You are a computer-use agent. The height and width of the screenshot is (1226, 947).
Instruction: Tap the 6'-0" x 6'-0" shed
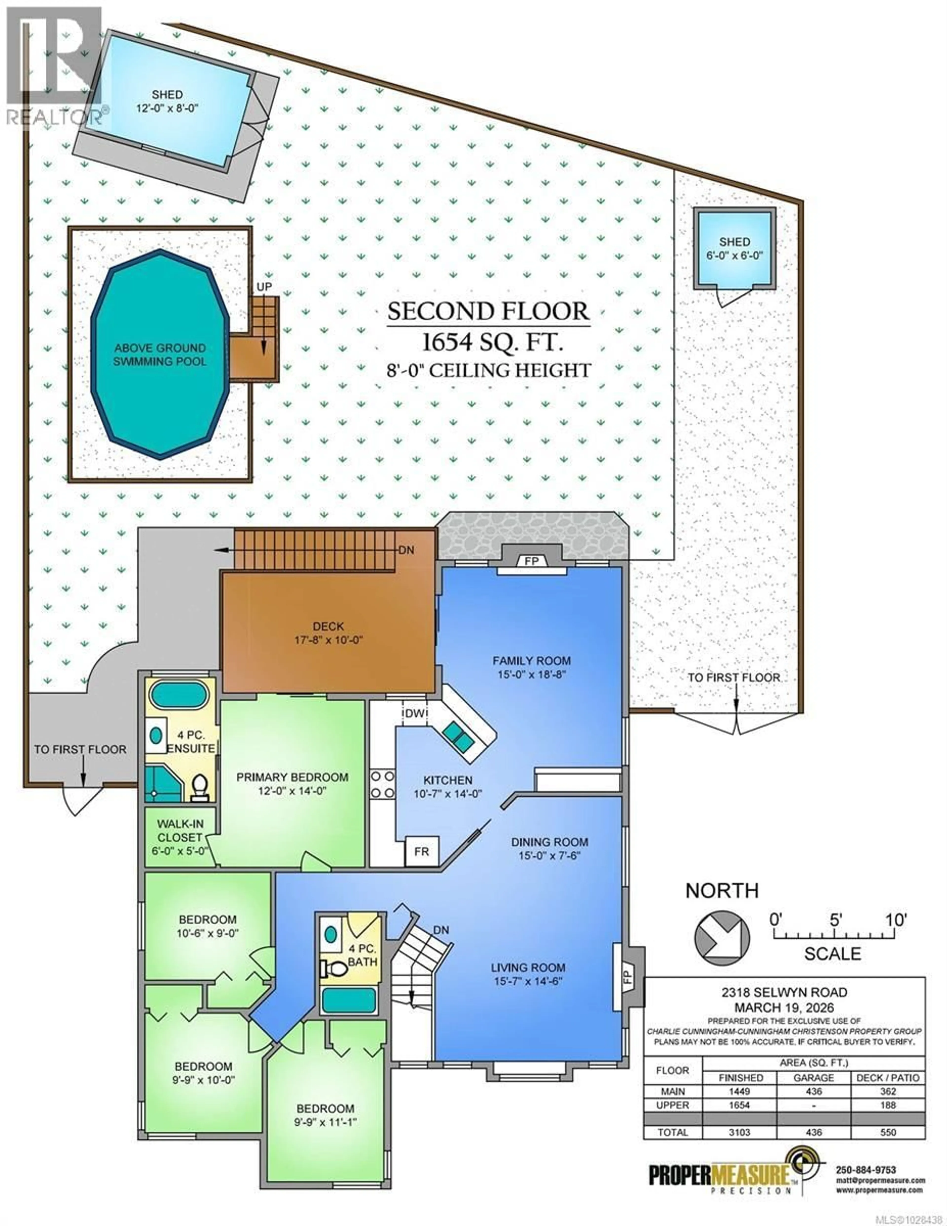(734, 249)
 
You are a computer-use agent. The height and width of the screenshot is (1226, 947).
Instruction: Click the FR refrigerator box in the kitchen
(421, 852)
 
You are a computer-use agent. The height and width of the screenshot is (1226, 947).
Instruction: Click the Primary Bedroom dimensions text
(292, 791)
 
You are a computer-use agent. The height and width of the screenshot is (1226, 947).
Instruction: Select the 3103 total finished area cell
(739, 1132)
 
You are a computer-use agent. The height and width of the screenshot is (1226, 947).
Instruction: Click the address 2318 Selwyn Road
(784, 992)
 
